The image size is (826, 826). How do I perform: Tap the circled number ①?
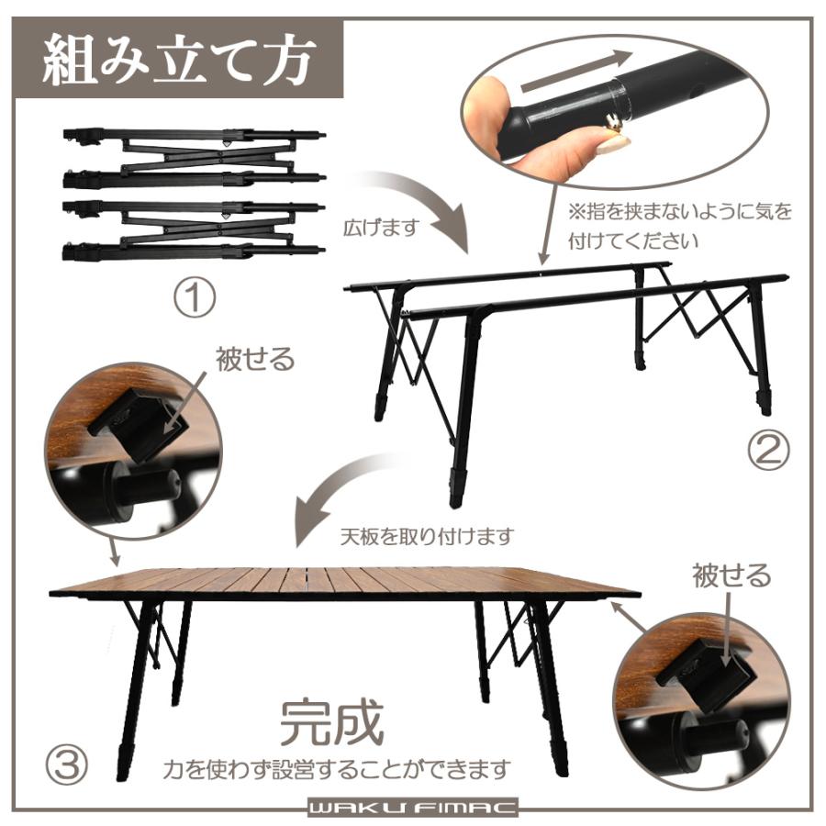tap(195, 299)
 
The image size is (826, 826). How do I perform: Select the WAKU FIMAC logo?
tap(412, 809)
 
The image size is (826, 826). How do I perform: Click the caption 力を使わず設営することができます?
tap(335, 766)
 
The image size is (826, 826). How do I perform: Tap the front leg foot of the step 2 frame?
tap(457, 490)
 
